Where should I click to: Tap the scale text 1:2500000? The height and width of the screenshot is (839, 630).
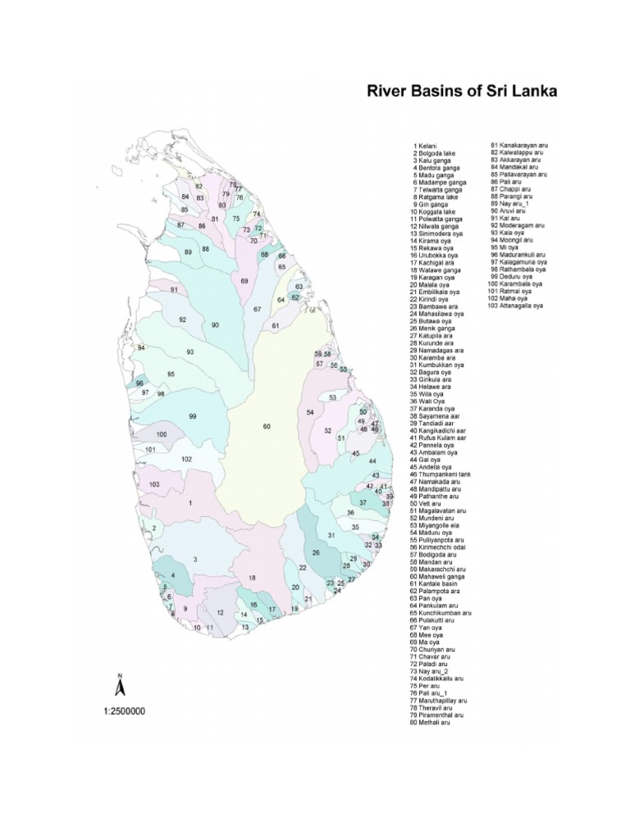coord(125,711)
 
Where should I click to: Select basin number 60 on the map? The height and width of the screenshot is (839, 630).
coord(266,427)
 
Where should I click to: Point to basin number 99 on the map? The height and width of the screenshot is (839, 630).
coord(193,416)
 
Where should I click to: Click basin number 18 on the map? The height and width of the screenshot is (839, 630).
coord(252,578)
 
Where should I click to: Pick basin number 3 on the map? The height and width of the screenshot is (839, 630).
coord(195,559)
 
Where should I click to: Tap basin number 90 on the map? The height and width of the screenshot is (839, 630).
coord(215,325)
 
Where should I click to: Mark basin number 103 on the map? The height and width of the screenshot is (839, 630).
coord(154,485)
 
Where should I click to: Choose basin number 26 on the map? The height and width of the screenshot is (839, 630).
coord(316,553)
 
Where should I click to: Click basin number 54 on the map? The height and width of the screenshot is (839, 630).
coord(310,411)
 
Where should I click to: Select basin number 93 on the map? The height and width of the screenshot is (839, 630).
coord(189,351)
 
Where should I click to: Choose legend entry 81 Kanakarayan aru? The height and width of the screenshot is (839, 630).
coord(518,145)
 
